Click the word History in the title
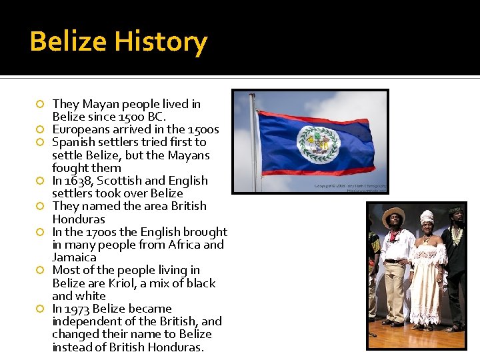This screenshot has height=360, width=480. click(x=161, y=42)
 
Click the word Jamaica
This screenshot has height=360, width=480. click(x=74, y=257)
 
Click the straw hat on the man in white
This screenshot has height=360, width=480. click(x=393, y=215)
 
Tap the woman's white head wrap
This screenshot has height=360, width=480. click(x=427, y=216)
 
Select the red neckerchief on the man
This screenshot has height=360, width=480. click(x=395, y=235)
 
